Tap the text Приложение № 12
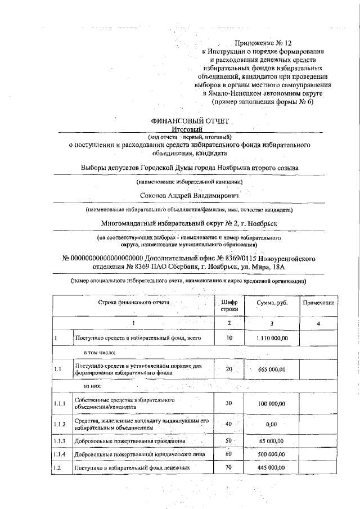264,42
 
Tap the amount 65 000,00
271,442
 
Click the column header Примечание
319,303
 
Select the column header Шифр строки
229,305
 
